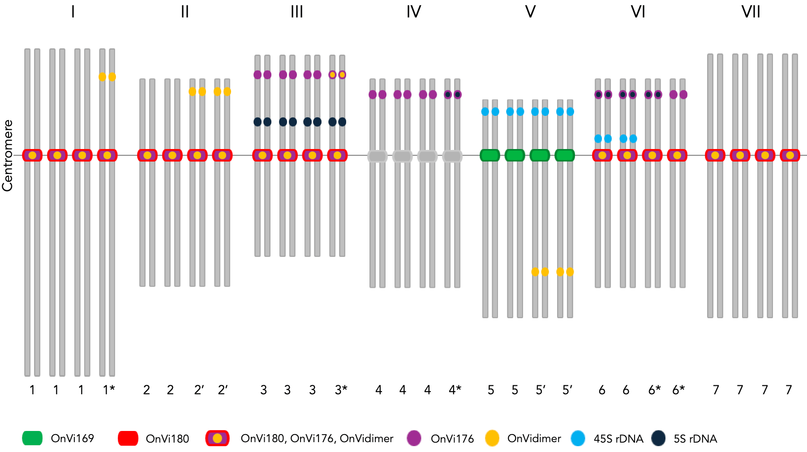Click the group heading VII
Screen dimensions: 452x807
click(x=751, y=12)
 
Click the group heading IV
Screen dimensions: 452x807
click(x=414, y=12)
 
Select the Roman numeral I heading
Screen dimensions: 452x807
click(x=73, y=12)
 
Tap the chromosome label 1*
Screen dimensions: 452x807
click(x=109, y=390)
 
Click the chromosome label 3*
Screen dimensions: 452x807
click(x=341, y=390)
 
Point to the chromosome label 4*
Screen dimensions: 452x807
click(x=455, y=390)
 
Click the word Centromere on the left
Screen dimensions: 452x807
click(x=8, y=155)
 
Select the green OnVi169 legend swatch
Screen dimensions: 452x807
click(x=32, y=438)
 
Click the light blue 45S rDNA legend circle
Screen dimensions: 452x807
click(x=578, y=438)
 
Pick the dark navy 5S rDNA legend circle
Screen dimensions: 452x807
click(x=658, y=438)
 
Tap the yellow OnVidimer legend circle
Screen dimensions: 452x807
click(x=492, y=438)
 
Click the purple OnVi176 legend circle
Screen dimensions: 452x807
click(x=414, y=438)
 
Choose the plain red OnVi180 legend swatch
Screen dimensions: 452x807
click(x=128, y=438)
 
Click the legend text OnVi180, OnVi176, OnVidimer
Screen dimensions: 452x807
click(x=317, y=439)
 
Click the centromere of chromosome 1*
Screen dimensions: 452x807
click(x=107, y=155)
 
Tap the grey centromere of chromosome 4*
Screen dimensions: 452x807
click(x=452, y=156)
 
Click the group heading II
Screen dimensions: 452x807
click(x=185, y=12)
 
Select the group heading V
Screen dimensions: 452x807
click(x=530, y=12)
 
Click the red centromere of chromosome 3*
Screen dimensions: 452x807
click(x=337, y=155)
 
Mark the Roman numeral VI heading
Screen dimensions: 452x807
click(x=638, y=12)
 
